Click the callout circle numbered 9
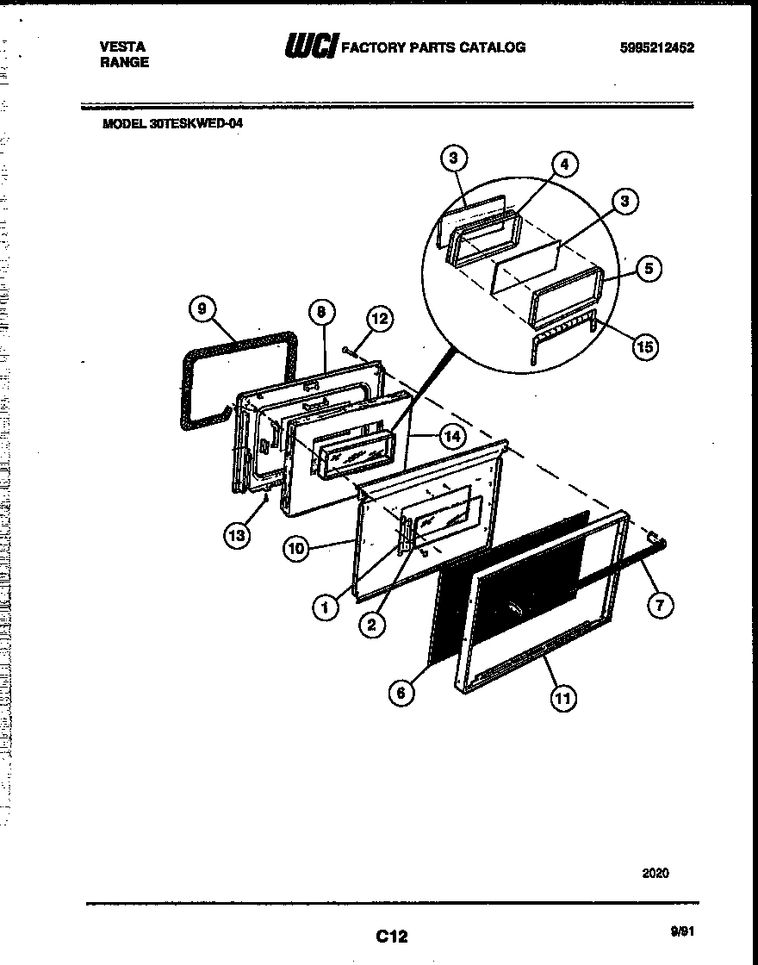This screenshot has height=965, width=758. (x=202, y=309)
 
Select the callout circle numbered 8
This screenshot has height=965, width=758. (x=320, y=312)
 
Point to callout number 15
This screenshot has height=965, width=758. (x=643, y=347)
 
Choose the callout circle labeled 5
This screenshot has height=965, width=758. (x=649, y=269)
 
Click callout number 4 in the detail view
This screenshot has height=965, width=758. (x=564, y=165)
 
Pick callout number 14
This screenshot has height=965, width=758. (x=451, y=437)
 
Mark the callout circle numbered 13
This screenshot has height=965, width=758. (x=236, y=535)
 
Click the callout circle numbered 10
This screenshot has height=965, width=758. (x=297, y=548)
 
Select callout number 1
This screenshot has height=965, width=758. (x=326, y=608)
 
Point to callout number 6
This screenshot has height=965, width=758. (x=401, y=692)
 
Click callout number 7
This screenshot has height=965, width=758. (x=659, y=605)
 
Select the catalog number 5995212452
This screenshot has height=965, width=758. (x=656, y=48)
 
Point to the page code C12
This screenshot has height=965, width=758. (x=391, y=937)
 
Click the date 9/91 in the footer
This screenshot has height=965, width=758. (x=681, y=931)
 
